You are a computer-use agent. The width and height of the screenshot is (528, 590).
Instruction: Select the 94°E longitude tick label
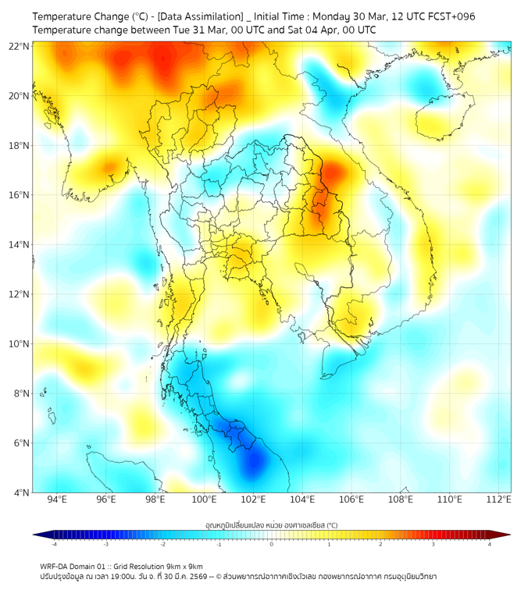[57, 499]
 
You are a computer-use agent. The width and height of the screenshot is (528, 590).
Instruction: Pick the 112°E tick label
[498, 499]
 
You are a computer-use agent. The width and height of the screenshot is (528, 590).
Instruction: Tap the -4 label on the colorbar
[53, 544]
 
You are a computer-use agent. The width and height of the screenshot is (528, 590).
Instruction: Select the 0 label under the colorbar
[272, 544]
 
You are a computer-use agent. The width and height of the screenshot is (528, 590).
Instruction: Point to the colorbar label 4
[489, 544]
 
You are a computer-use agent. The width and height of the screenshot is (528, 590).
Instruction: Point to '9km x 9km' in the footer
[183, 566]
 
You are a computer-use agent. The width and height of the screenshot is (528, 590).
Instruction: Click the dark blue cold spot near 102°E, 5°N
[253, 462]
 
